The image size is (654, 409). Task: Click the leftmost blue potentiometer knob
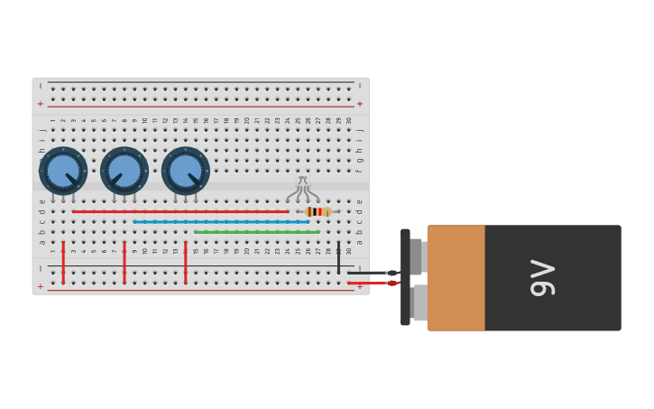tap(62, 171)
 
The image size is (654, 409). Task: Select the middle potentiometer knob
tap(124, 171)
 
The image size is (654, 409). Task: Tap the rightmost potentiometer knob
tap(185, 171)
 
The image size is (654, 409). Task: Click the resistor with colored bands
tap(318, 211)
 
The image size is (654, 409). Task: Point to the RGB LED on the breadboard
tap(303, 189)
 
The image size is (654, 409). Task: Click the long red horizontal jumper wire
tap(180, 211)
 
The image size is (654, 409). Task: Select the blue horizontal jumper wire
tap(221, 221)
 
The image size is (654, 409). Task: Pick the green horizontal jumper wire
tap(257, 232)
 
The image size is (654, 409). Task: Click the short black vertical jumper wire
tap(338, 256)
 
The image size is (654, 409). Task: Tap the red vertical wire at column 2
tap(63, 262)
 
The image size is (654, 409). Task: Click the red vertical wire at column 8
tap(124, 262)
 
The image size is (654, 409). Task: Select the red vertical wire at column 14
tap(186, 262)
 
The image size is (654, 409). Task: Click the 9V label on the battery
tap(542, 277)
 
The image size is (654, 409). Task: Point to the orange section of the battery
tap(456, 277)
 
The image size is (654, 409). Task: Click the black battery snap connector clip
tap(405, 277)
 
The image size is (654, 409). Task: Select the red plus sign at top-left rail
tap(40, 104)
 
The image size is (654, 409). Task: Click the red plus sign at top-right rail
tap(360, 104)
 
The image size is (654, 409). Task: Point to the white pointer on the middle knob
tap(116, 178)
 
